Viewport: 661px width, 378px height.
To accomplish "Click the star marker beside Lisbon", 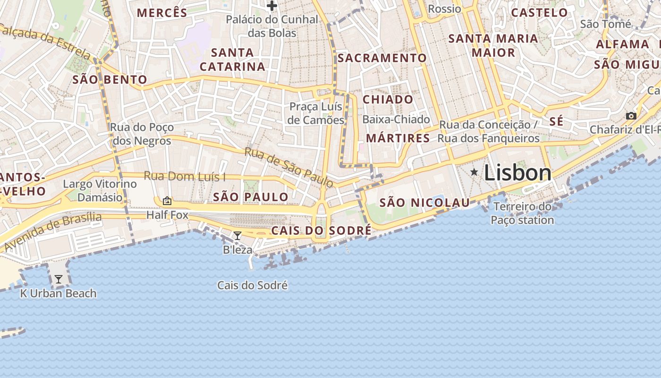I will (474, 172).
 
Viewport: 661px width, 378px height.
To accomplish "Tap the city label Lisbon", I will (517, 173).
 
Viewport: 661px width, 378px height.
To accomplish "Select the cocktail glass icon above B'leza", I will (237, 235).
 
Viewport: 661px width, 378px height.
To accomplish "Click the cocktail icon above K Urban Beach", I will (58, 279).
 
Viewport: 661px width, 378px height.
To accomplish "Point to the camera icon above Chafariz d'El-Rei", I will (631, 116).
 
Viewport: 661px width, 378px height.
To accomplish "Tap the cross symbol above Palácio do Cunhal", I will (271, 6).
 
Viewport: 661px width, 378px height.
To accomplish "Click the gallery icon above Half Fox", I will (167, 201).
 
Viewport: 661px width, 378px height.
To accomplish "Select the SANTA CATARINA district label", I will (232, 60).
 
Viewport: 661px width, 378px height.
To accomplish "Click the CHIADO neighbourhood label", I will (388, 100).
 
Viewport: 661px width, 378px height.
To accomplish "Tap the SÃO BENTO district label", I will (110, 79).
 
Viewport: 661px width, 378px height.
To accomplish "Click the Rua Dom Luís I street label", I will (185, 176).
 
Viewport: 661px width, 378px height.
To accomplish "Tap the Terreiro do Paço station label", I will (522, 213).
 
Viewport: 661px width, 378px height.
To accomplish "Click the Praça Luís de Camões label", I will (316, 113).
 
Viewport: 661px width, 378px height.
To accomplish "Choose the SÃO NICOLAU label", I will (424, 203).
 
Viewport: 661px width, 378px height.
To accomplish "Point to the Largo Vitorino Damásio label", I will (100, 190).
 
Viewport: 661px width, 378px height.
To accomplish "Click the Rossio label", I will (444, 9).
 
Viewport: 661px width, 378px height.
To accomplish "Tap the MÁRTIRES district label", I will (398, 138).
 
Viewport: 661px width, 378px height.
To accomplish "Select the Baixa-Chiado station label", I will (396, 120).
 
